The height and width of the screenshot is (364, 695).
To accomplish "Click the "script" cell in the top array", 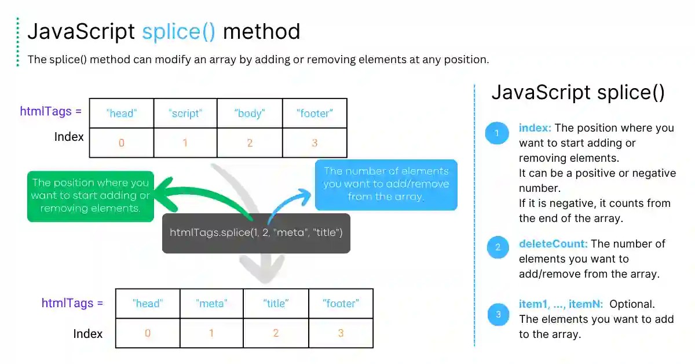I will [x=185, y=114].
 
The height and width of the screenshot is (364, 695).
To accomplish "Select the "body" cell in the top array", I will [x=250, y=114].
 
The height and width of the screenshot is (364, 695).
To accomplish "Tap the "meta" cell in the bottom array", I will [x=211, y=303].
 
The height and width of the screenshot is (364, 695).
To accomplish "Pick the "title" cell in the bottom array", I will [x=276, y=303].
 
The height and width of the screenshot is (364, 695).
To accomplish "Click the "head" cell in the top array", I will [x=121, y=114].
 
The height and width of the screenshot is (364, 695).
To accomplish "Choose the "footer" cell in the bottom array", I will [x=341, y=303].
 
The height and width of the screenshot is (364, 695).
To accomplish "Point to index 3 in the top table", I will [x=314, y=143].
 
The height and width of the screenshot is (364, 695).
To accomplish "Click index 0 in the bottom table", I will [x=148, y=333].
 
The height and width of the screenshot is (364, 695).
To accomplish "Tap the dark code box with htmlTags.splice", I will [x=256, y=233].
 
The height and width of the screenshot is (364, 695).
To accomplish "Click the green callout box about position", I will [x=90, y=195].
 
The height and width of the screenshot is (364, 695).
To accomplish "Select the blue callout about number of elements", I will [x=386, y=184].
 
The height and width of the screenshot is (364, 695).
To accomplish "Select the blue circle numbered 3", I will [x=497, y=315].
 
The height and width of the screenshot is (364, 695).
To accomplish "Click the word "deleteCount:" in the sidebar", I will [x=553, y=244].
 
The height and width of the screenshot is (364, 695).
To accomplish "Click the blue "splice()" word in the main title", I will [x=179, y=31].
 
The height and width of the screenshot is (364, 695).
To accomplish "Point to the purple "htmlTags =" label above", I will [x=51, y=111].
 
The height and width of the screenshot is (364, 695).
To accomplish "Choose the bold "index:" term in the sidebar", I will [x=535, y=128].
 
